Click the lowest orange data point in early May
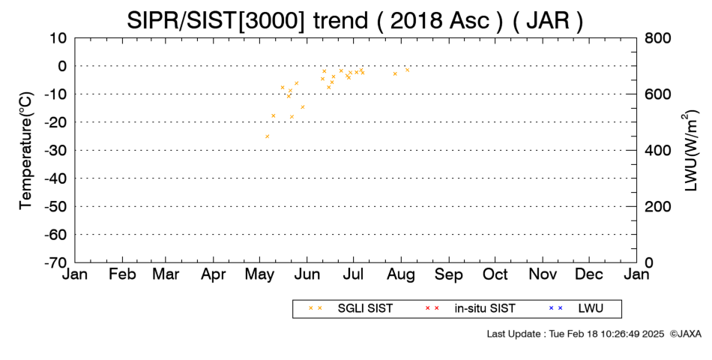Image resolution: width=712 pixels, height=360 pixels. [267, 136]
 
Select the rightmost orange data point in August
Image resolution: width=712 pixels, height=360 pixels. [407, 70]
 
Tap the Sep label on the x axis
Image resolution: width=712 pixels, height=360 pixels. [449, 274]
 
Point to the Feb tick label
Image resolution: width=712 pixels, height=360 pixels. [123, 274]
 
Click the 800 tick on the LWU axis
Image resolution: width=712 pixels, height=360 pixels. [657, 38]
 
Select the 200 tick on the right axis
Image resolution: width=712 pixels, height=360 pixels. [657, 207]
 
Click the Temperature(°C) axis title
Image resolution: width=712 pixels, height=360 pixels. [26, 151]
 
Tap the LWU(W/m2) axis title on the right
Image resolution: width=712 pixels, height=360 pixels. [690, 151]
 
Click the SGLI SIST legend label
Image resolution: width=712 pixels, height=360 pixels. [365, 309]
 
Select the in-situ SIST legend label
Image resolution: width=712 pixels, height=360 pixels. [485, 309]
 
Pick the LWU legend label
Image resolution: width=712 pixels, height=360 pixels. [591, 309]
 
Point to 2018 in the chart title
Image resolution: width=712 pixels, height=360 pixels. [417, 20]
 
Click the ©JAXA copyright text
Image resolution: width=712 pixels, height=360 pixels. [686, 334]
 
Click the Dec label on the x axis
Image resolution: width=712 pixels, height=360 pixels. [589, 274]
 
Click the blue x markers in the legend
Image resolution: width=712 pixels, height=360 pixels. [555, 308]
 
